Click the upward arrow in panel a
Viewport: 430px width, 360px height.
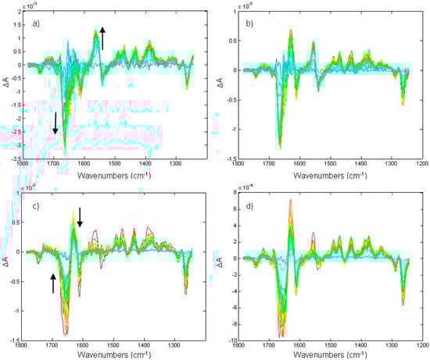(102, 36)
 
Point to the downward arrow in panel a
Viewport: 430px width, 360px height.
(55, 123)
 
